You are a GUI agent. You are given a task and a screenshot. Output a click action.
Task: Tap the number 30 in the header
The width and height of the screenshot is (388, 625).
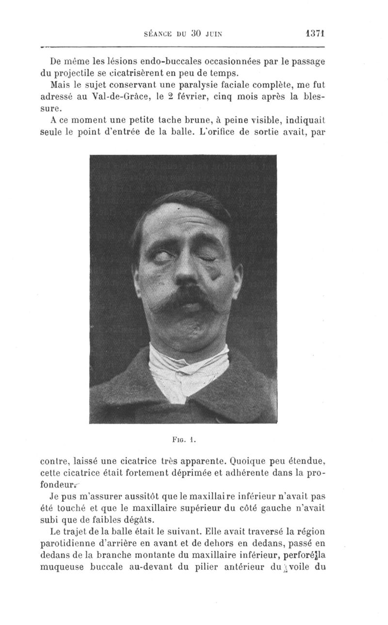point(195,34)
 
